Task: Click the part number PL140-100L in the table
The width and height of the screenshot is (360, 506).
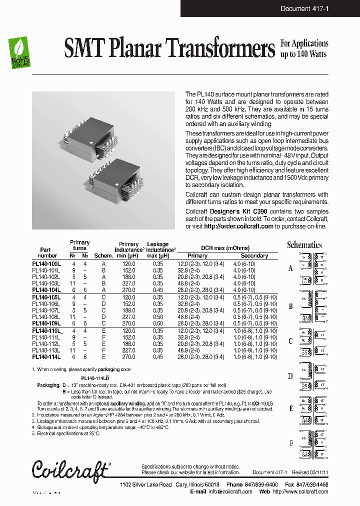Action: point(46,263)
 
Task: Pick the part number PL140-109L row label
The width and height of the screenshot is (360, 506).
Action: point(46,324)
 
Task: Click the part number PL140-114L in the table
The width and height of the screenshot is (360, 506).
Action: point(46,357)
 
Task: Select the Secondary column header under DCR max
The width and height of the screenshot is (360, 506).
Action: point(254,255)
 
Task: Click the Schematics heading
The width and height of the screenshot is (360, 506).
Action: point(304,245)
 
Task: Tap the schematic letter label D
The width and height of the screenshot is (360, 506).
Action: point(290,376)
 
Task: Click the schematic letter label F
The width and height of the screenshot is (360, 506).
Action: point(291,443)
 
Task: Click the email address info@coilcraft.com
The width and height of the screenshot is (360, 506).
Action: point(230,491)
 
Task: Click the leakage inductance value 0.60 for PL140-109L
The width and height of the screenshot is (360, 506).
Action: point(158,324)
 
